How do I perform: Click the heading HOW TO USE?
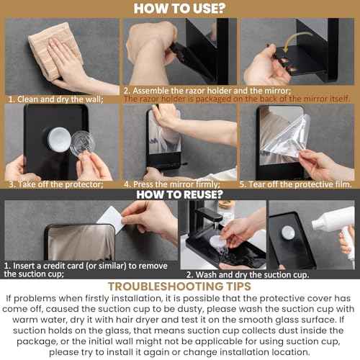(x=179, y=9)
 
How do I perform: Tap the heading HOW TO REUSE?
(x=179, y=194)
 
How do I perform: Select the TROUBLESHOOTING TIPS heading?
(x=179, y=286)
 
